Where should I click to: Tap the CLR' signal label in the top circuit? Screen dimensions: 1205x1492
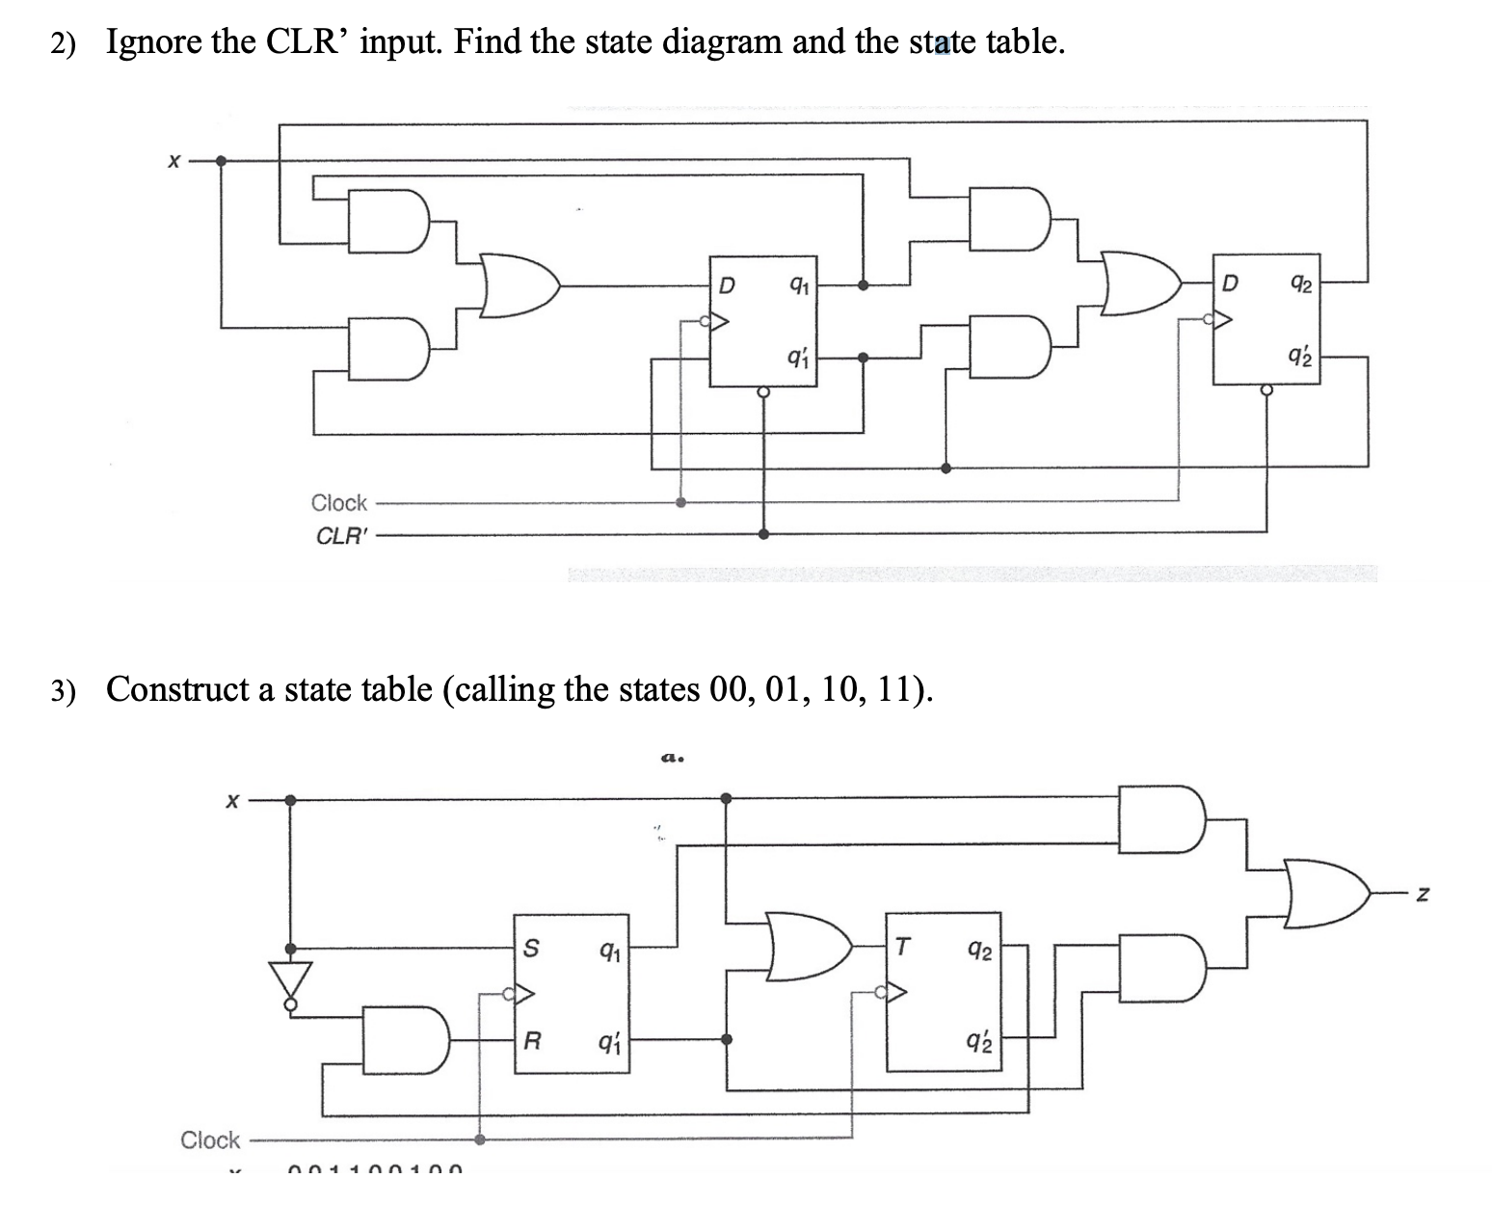(342, 536)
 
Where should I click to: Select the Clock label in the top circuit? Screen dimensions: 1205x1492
(338, 502)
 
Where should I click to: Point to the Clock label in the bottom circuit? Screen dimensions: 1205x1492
(210, 1139)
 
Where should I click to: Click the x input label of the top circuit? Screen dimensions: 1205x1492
(173, 162)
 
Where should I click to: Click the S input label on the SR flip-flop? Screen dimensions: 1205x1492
(530, 949)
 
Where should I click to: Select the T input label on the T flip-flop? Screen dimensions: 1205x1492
(900, 949)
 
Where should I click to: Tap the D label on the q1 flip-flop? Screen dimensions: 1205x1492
(728, 285)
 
